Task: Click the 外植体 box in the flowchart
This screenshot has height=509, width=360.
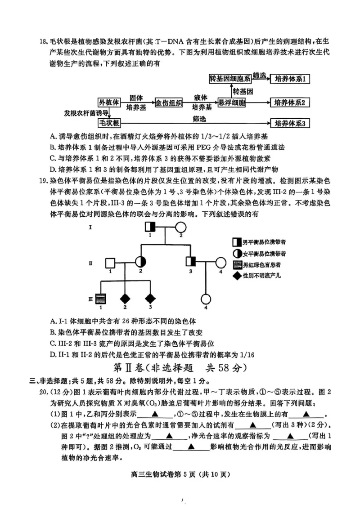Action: click(x=109, y=103)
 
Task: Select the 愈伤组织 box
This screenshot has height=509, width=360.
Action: click(x=169, y=103)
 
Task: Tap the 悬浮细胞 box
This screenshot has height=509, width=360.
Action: click(x=232, y=103)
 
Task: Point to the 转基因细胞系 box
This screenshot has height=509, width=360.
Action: click(x=230, y=79)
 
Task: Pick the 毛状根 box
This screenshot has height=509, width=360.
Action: click(x=109, y=123)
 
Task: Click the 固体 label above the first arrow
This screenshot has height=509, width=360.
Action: click(x=136, y=98)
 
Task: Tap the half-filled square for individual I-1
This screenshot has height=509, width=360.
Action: click(x=150, y=227)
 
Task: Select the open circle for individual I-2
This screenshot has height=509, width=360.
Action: click(x=181, y=228)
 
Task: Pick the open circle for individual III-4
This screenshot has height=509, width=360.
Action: click(x=206, y=299)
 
